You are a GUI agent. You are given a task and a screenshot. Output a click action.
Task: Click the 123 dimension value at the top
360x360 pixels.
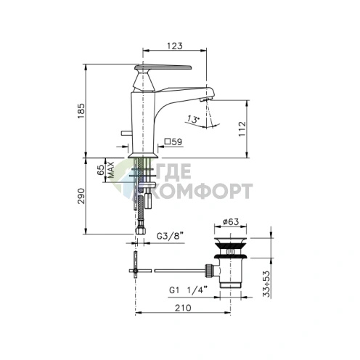[175, 46]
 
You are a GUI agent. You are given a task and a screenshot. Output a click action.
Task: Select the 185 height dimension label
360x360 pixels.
[81, 111]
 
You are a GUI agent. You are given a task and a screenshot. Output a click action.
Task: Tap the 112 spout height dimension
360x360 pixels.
[242, 129]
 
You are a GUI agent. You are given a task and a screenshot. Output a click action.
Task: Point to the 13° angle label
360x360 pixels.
[193, 119]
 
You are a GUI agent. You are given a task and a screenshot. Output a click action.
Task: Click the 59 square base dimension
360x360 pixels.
[173, 142]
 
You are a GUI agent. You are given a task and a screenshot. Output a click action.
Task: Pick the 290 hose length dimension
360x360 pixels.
[81, 196]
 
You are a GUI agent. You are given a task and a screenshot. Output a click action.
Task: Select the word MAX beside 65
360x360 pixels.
[111, 170]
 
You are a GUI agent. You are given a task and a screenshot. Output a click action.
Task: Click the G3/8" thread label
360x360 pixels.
[170, 236]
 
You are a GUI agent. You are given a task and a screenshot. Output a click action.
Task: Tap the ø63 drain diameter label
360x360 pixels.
[231, 221]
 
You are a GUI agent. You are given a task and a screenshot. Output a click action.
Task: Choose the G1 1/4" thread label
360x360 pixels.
[188, 290]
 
